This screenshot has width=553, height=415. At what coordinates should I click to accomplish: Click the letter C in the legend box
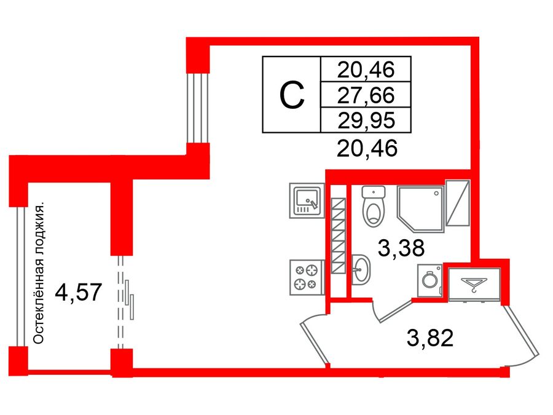click(x=292, y=95)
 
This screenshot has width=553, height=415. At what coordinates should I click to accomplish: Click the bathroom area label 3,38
click(x=400, y=250)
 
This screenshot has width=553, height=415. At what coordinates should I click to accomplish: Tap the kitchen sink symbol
click(x=306, y=201)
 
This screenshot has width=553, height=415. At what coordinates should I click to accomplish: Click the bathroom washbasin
click(x=362, y=271)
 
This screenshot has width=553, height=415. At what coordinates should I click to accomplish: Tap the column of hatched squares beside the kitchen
click(x=337, y=237)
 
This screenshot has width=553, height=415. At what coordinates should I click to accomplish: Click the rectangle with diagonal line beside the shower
click(x=457, y=204)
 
